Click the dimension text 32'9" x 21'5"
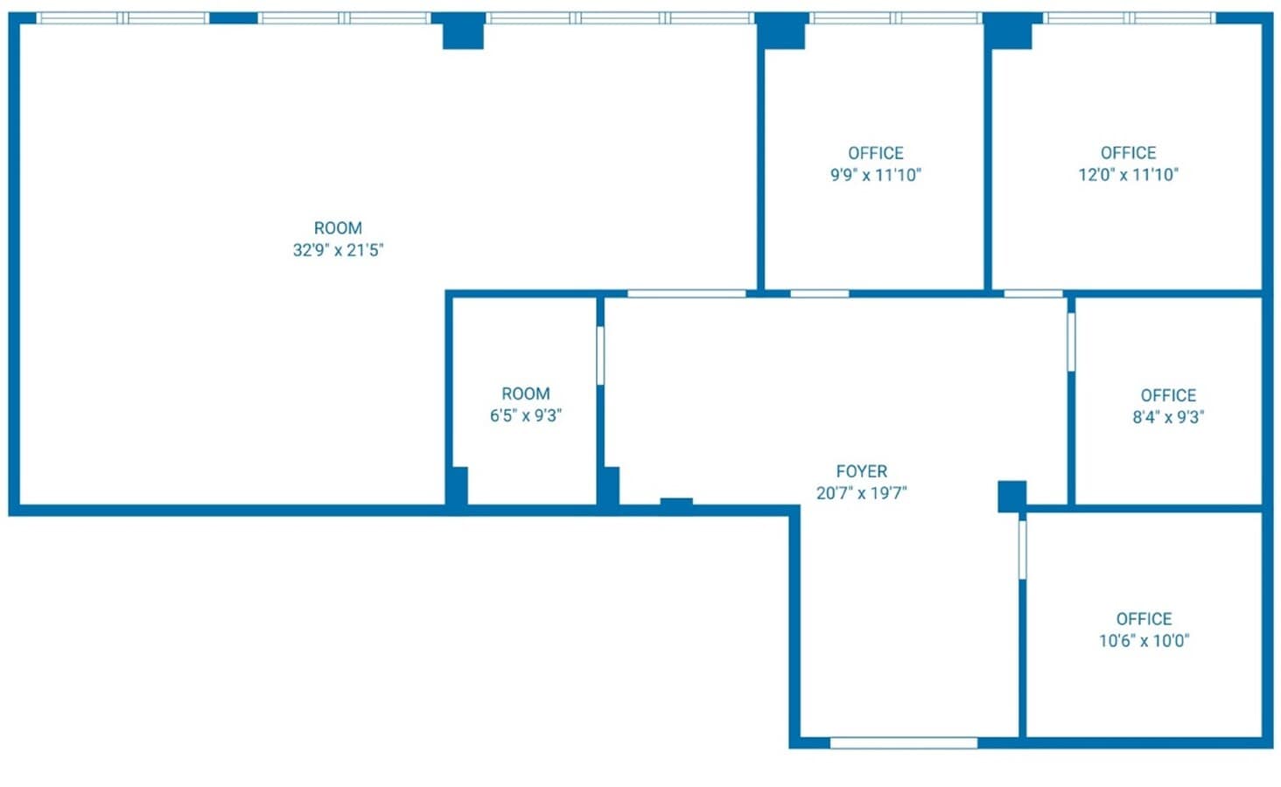click(338, 250)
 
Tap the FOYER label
click(861, 471)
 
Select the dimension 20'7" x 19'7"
click(861, 493)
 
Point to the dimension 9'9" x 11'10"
click(875, 175)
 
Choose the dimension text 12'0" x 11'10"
click(1128, 175)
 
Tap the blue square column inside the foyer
click(1011, 496)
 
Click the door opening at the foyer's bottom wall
click(903, 743)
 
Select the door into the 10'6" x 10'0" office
click(1022, 549)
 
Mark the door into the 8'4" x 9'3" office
click(1071, 342)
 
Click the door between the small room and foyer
click(600, 355)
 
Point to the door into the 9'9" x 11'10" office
click(819, 293)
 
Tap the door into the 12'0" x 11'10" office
click(1033, 293)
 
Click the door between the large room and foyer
click(686, 293)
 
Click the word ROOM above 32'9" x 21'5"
click(338, 228)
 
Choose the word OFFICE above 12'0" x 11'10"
click(1128, 153)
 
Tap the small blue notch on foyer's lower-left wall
click(676, 502)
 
